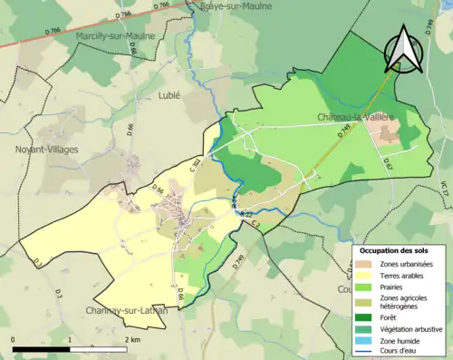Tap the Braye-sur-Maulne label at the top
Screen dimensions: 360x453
click(x=224, y=5)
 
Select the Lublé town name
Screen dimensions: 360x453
click(x=169, y=93)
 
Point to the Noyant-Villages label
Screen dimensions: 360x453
click(x=46, y=149)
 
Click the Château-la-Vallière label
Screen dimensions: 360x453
click(x=356, y=118)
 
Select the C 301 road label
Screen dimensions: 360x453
click(x=196, y=165)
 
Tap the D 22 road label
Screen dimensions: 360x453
click(x=246, y=213)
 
